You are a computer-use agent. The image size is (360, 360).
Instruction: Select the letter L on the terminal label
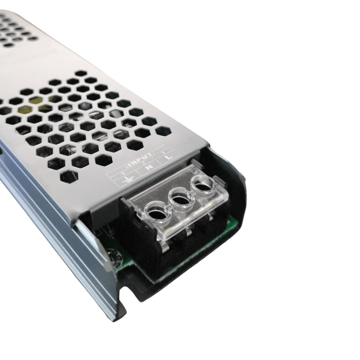(169, 157)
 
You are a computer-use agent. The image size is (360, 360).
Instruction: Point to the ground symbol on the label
(128, 180)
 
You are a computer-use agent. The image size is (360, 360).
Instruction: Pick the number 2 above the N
(144, 163)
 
